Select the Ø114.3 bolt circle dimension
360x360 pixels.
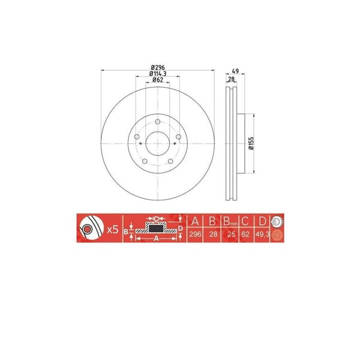click(x=158, y=74)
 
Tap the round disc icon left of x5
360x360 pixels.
click(x=89, y=229)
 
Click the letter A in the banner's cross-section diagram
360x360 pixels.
click(x=155, y=238)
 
